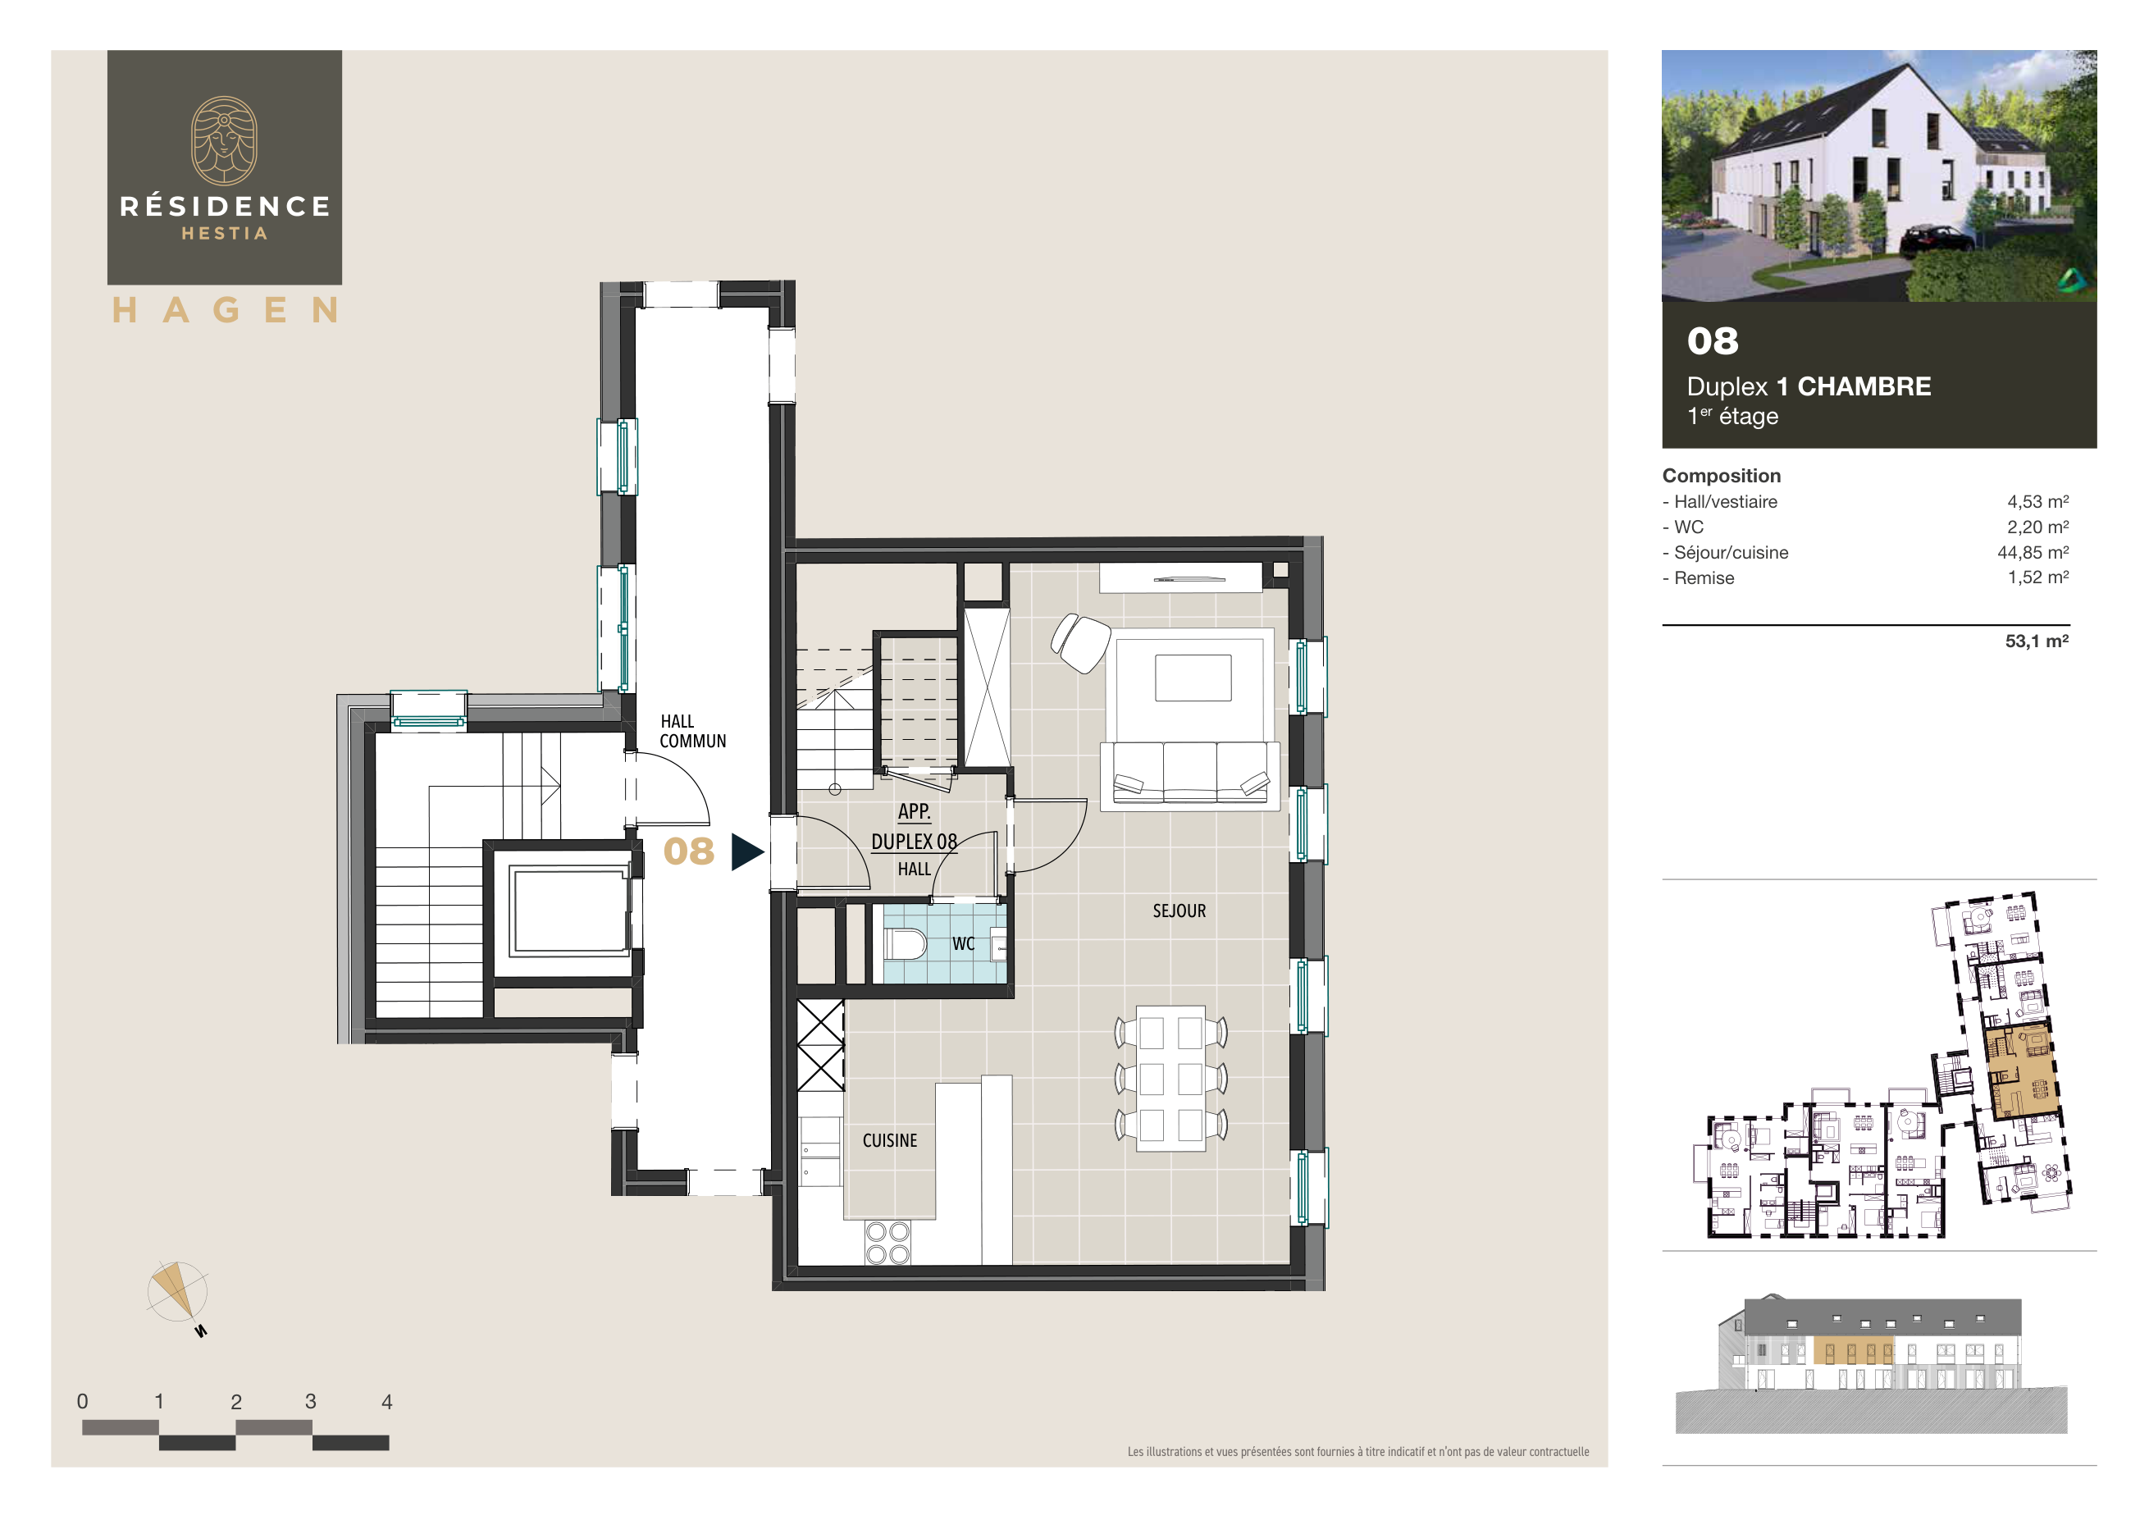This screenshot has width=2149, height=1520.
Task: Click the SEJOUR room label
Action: [x=1179, y=911]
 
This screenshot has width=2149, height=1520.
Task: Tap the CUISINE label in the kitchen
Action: [x=889, y=1140]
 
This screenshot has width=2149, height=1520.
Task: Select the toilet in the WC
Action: [x=904, y=943]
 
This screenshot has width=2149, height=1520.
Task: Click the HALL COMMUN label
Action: [x=691, y=731]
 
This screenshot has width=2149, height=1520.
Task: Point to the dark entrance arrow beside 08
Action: [x=746, y=851]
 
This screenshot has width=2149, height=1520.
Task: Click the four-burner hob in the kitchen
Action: [x=887, y=1242]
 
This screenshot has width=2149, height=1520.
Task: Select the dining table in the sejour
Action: [x=1170, y=1078]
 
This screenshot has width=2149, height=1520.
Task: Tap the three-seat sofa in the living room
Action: [x=1189, y=773]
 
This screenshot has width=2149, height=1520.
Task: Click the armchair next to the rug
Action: [x=1080, y=642]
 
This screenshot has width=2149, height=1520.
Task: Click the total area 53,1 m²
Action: [x=2036, y=641]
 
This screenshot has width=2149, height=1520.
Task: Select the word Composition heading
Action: [x=1720, y=476]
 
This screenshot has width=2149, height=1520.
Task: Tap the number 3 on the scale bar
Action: [x=311, y=1401]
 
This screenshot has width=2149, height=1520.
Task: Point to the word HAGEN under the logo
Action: [x=225, y=310]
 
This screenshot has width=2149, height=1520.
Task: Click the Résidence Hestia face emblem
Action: [x=225, y=140]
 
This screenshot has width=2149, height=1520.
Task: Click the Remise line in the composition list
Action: [x=1704, y=577]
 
